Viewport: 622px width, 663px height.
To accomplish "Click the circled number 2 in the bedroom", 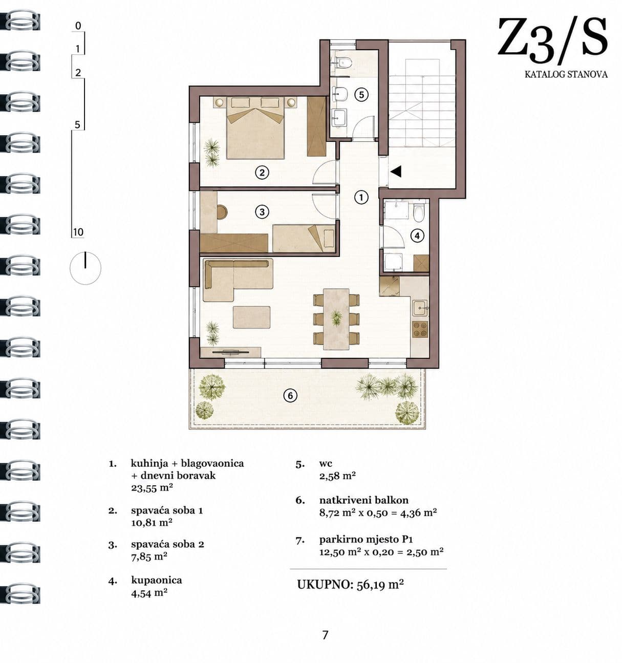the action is pos(262,173).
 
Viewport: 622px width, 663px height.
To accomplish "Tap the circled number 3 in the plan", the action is pos(262,212).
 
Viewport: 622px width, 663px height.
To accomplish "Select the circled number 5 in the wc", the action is pos(361,95).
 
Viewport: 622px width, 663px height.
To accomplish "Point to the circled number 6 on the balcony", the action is pos(290,396).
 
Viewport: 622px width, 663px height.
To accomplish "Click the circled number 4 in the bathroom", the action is pos(417,236).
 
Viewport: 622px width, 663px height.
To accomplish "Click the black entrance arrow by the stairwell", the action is pos(396,172).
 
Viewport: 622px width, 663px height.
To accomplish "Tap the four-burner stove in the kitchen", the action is pos(420,329).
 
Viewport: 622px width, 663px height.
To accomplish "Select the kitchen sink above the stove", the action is pos(420,308).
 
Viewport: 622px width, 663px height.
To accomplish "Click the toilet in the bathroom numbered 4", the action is pos(418,212).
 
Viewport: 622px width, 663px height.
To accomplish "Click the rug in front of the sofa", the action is pos(251,317).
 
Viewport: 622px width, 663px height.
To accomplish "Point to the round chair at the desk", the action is pos(222,212).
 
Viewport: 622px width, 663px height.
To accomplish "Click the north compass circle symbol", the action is pos(85,268).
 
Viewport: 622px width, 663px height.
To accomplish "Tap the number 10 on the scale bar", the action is pos(78,232).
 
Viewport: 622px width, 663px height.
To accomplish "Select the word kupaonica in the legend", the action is pos(157,580).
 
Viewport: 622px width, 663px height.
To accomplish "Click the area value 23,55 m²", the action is pos(152,488).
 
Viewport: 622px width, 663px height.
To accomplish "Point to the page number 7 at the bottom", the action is pos(325,635).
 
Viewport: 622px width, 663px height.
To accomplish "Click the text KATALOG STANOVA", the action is pos(566,74).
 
